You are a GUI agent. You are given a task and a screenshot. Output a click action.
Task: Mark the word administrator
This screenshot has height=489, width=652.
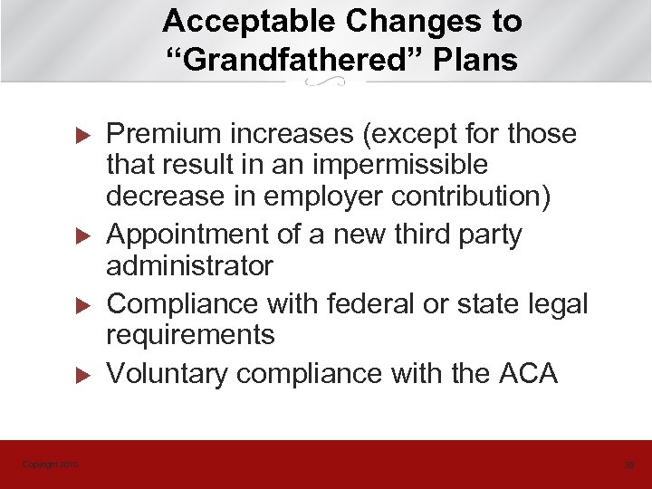(x=189, y=266)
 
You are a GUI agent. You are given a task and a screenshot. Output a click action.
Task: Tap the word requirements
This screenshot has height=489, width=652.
(x=191, y=335)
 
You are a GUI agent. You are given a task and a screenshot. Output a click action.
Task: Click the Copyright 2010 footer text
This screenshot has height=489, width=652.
(x=51, y=465)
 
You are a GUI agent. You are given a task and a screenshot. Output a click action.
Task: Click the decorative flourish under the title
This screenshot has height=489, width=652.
(x=326, y=82)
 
